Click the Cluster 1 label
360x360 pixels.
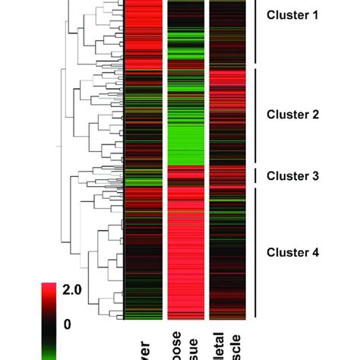pyautogui.click(x=292, y=14)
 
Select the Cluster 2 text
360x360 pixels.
pyautogui.click(x=292, y=115)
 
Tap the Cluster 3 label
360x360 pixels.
pyautogui.click(x=292, y=175)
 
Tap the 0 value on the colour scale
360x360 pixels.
pyautogui.click(x=67, y=324)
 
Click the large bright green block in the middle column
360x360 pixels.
pyautogui.click(x=185, y=137)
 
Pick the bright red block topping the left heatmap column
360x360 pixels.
pyautogui.click(x=141, y=30)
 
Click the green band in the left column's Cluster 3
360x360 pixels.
pyautogui.click(x=141, y=181)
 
